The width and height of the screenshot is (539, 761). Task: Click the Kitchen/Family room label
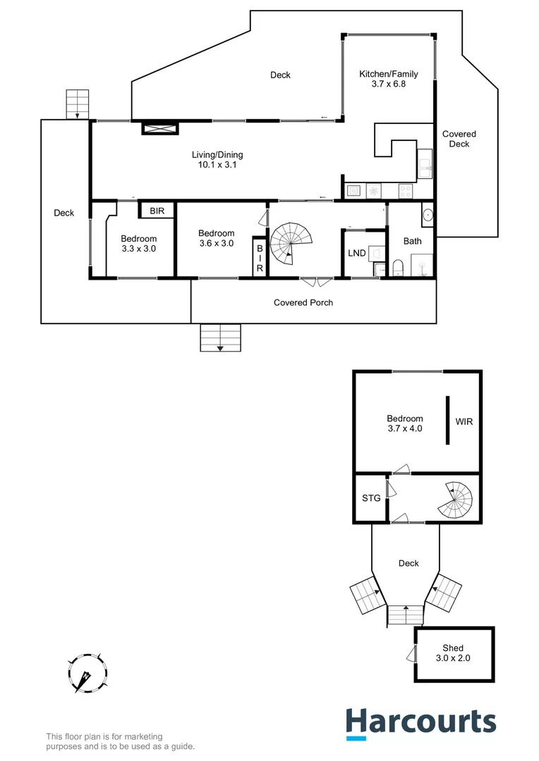388,78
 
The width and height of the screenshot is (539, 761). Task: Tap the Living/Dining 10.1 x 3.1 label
217,159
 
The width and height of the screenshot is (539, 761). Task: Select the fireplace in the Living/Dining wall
160,128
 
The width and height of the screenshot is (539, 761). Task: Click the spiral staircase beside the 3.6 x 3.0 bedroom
291,243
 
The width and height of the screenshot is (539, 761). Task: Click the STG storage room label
371,498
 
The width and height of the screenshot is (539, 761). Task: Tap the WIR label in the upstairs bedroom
464,422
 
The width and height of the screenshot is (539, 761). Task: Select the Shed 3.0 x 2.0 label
452,653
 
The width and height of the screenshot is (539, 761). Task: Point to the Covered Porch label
303,302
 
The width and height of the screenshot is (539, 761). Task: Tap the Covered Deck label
459,139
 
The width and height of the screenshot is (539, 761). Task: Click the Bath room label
412,241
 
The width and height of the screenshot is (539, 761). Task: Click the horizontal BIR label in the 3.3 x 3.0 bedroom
157,210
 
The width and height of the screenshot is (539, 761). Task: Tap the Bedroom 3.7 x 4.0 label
405,423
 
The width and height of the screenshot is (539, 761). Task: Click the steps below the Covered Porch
220,338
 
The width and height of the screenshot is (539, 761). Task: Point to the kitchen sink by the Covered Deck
425,166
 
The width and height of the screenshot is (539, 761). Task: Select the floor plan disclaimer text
120,741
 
